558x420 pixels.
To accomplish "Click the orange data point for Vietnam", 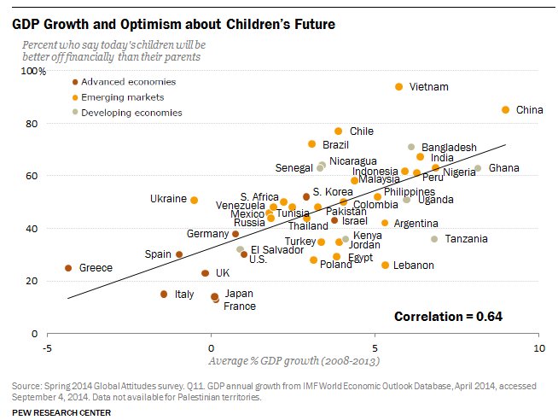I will (398, 87).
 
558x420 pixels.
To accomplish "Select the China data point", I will (505, 110).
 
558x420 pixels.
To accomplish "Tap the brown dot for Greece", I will (68, 268).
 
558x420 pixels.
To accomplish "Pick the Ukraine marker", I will (195, 200).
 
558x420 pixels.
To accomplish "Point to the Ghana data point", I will (478, 168).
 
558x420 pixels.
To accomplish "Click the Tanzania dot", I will (434, 239).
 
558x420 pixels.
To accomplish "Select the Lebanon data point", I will (386, 265).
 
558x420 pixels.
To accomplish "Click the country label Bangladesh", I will (449, 148).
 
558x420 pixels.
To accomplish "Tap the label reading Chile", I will (362, 131).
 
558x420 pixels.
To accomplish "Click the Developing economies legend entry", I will (131, 113).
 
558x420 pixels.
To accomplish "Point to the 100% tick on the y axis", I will (33, 72).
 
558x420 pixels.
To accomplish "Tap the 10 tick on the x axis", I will (538, 349).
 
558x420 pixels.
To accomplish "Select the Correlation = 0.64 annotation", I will (448, 317).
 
